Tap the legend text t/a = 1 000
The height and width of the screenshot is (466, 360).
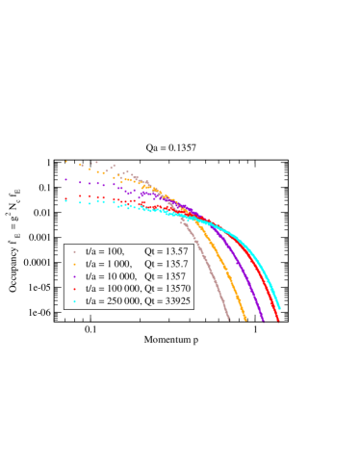click(108, 263)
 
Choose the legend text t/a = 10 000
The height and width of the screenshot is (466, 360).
click(111, 275)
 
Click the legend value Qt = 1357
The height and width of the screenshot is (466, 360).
click(163, 275)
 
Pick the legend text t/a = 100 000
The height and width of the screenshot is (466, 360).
click(113, 288)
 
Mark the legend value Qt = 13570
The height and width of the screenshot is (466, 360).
click(166, 288)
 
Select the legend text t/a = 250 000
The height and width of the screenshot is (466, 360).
click(113, 300)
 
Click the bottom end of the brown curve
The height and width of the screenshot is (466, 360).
click(228, 319)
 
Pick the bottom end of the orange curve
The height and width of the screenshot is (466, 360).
click(246, 320)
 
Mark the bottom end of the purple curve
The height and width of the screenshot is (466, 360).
click(263, 321)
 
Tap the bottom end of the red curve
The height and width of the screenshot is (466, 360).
click(278, 320)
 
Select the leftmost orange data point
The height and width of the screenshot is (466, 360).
click(66, 162)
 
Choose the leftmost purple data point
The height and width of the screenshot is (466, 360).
click(66, 179)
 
